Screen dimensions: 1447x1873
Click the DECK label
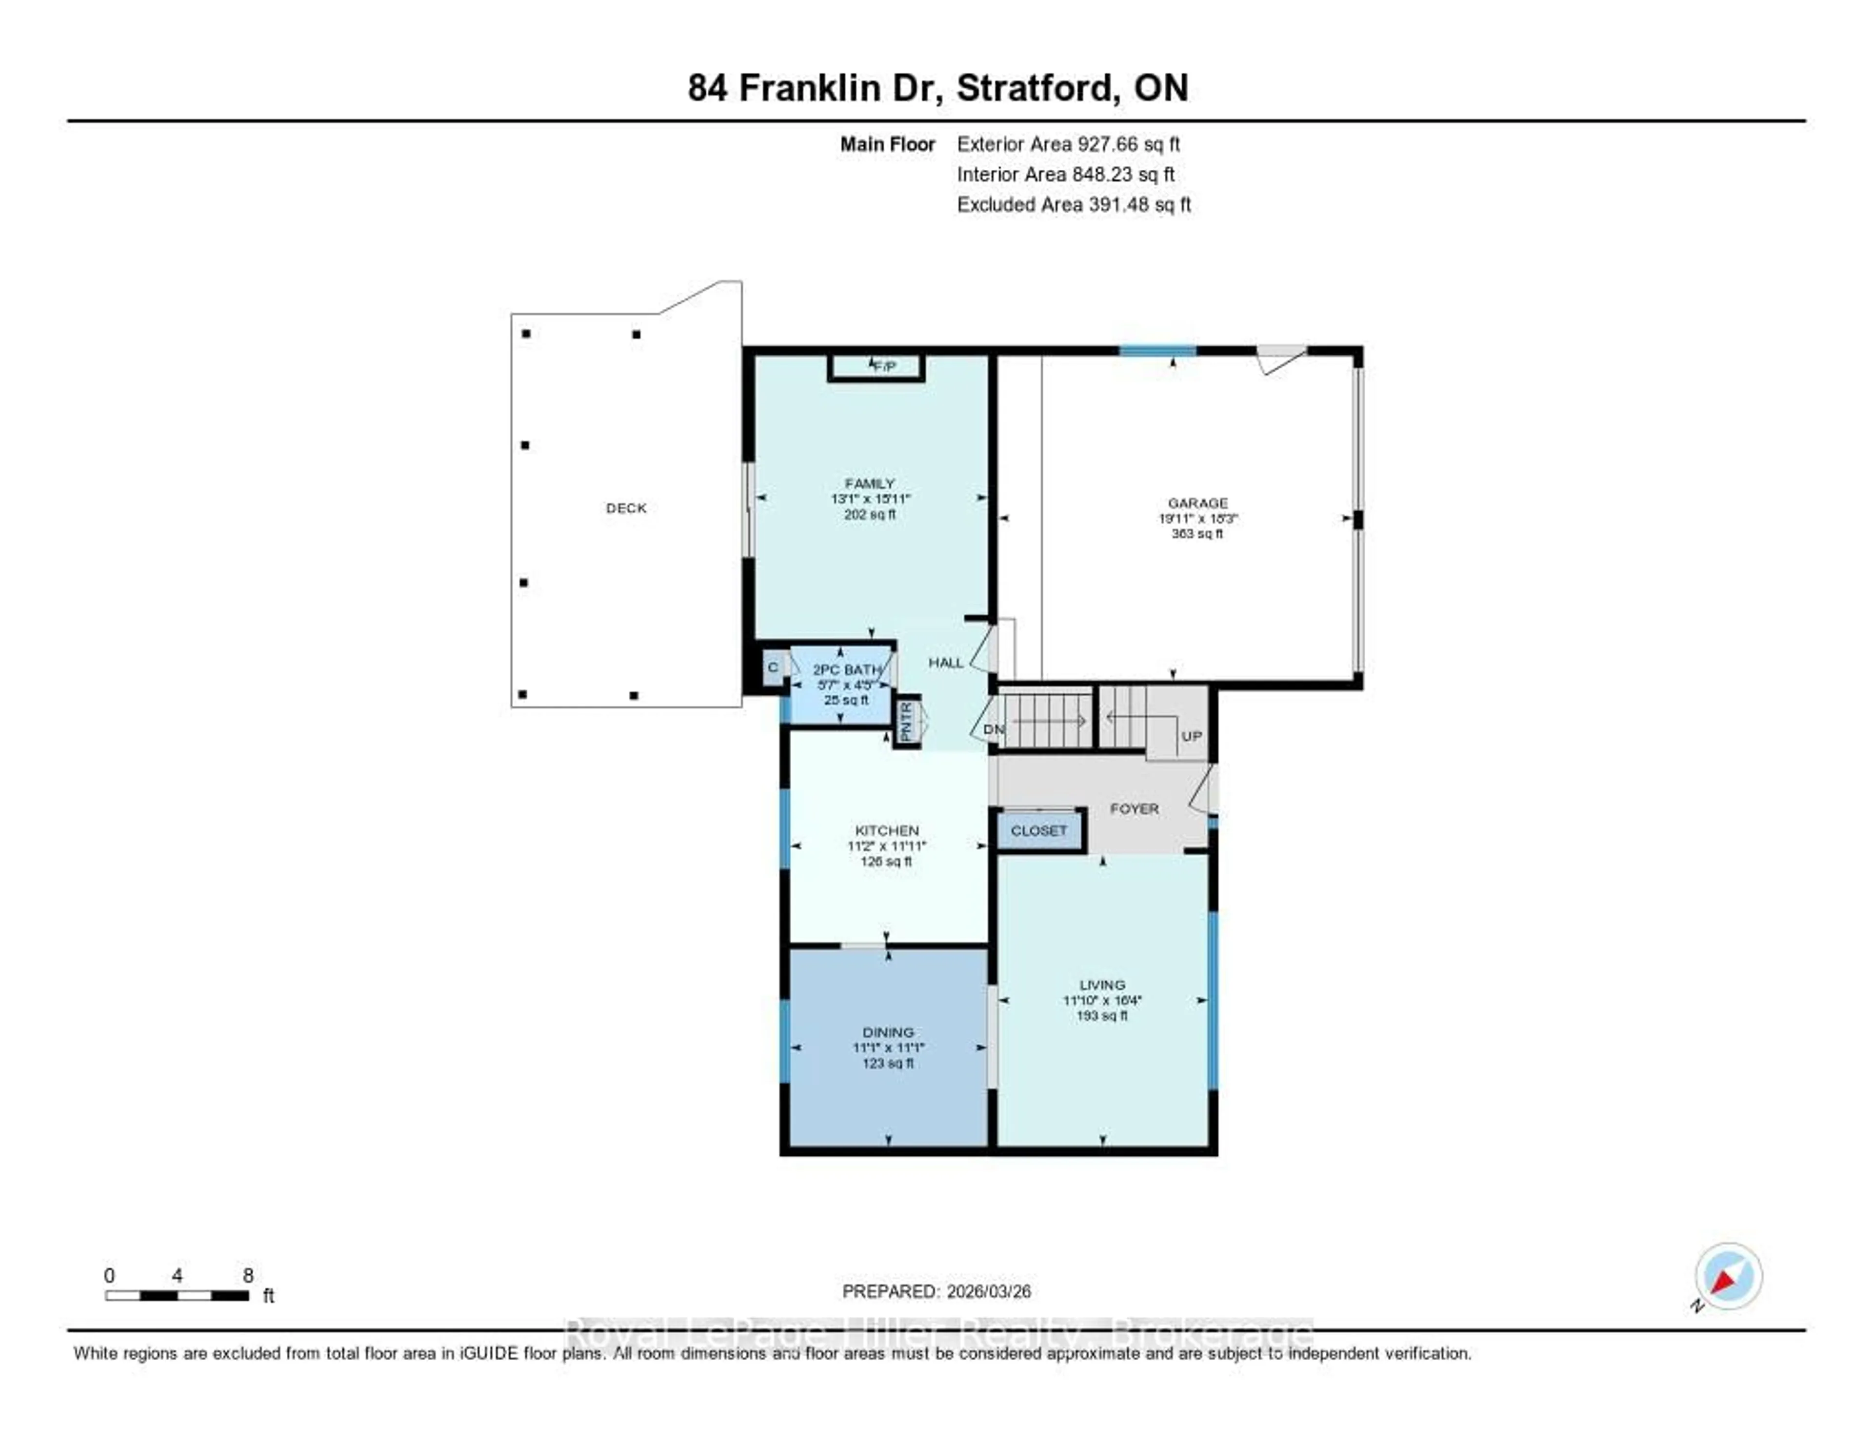click(626, 508)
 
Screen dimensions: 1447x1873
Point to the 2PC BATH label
click(846, 669)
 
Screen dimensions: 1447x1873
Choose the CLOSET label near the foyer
click(1038, 830)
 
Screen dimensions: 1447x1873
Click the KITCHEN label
click(887, 830)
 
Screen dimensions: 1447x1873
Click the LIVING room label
click(1102, 985)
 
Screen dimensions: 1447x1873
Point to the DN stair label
click(993, 729)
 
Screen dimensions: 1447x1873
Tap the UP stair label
click(1191, 736)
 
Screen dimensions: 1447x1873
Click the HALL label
click(946, 662)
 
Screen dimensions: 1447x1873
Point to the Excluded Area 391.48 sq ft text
click(1074, 204)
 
